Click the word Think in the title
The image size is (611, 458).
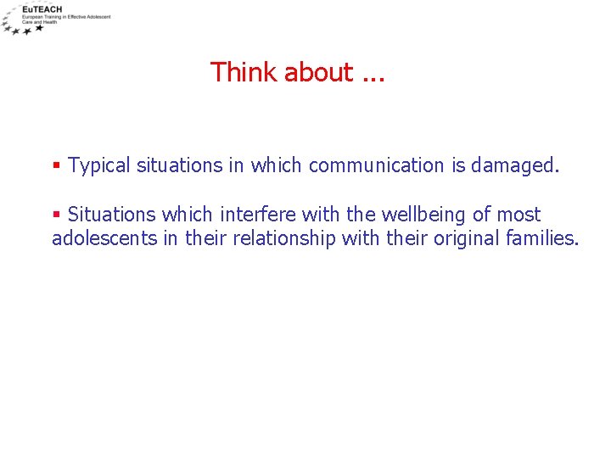[x=244, y=72]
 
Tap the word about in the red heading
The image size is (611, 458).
[x=318, y=73]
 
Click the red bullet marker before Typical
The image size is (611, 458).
[x=56, y=165]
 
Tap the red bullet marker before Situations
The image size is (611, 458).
[x=56, y=215]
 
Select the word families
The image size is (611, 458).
[x=542, y=238]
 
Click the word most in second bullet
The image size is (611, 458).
[x=519, y=215]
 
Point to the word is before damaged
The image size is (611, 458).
[x=458, y=165]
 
